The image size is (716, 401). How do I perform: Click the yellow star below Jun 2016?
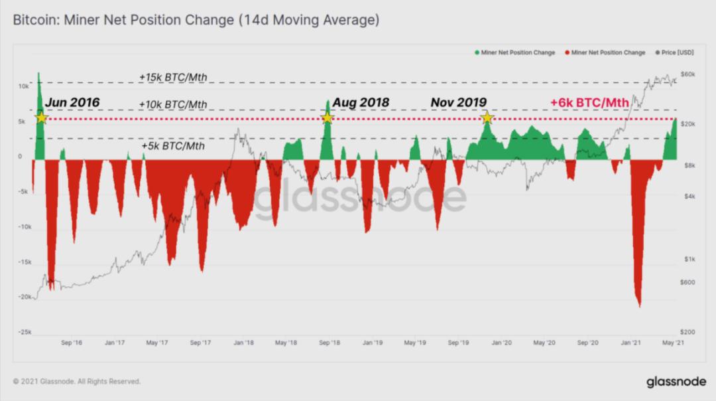[x=41, y=118]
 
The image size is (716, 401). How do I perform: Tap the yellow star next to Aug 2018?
[x=327, y=118]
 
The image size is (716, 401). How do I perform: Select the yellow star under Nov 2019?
[x=487, y=118]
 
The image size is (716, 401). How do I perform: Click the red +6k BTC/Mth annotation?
[x=589, y=103]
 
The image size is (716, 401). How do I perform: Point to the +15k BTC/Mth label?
[x=173, y=78]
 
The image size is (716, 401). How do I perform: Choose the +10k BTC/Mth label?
[x=173, y=105]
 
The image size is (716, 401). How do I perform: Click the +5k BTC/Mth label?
[x=173, y=146]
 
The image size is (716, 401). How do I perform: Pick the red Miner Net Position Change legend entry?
[x=605, y=52]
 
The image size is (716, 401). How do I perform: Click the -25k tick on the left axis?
[x=23, y=332]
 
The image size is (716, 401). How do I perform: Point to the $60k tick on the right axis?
[x=687, y=74]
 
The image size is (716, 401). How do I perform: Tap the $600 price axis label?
[x=687, y=282]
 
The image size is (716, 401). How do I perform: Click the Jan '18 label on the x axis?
[x=243, y=343]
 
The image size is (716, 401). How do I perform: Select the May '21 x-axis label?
[x=674, y=343]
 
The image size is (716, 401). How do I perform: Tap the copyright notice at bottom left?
[x=77, y=382]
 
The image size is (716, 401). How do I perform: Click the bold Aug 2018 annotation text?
[x=361, y=103]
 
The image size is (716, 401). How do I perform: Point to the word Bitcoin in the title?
[x=34, y=21]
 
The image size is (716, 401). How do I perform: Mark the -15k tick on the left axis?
[x=23, y=262]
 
